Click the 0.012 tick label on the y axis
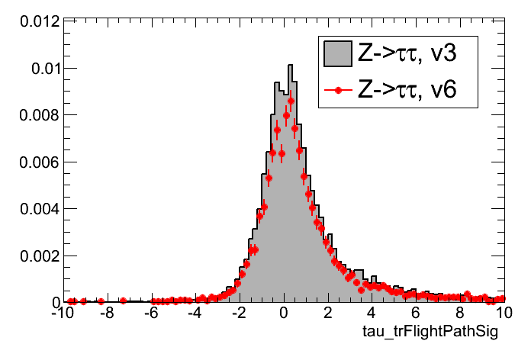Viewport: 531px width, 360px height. tap(34, 21)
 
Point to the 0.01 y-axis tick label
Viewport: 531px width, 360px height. tap(40, 69)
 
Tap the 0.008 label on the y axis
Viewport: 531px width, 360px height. tap(34, 115)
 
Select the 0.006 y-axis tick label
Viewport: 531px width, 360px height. tap(34, 162)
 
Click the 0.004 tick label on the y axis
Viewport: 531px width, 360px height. tap(34, 208)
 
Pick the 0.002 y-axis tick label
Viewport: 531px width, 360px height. tap(34, 256)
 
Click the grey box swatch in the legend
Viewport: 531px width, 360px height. tap(336, 54)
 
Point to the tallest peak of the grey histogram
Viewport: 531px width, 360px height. tap(290, 66)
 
